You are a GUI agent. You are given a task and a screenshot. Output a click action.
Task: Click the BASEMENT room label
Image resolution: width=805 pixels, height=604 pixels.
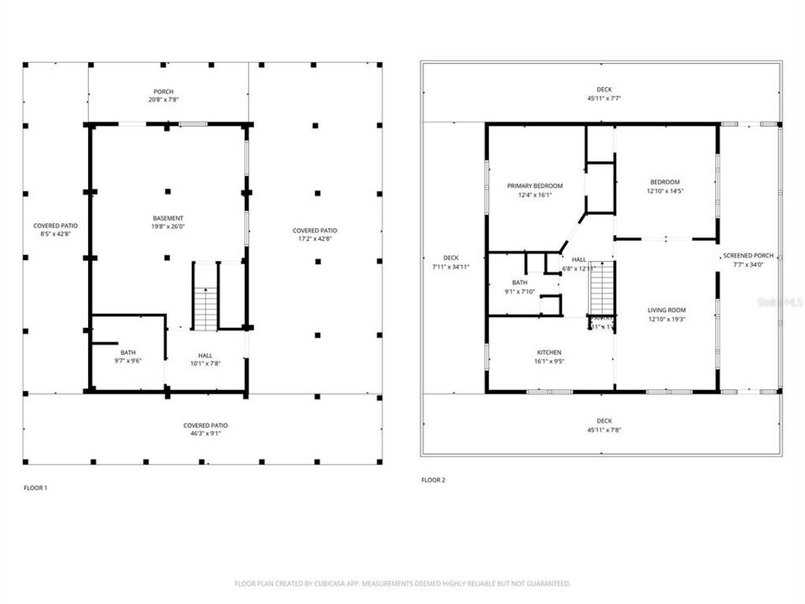[168, 218]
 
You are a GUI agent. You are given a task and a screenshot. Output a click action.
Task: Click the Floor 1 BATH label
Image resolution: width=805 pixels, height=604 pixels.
[127, 352]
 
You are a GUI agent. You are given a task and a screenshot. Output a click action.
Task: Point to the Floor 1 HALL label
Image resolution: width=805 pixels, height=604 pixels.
[205, 355]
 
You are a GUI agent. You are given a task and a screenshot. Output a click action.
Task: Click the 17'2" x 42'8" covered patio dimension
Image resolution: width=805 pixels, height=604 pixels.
[315, 239]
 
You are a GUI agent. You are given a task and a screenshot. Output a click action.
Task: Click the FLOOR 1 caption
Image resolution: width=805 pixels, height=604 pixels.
[35, 487]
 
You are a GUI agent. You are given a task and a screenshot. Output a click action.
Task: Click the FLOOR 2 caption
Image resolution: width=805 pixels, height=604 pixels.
[434, 481]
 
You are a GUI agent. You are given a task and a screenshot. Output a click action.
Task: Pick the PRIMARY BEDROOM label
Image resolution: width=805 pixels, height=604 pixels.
[534, 185]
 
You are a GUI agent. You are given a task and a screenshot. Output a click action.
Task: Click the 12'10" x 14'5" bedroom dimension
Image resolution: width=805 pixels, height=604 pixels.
[665, 190]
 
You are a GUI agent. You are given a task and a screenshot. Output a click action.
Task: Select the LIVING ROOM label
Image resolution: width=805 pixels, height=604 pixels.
[667, 310]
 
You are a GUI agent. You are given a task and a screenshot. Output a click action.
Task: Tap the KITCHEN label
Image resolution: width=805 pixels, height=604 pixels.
[549, 352]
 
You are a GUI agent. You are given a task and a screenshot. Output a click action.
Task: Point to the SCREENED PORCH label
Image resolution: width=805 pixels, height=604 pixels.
[749, 255]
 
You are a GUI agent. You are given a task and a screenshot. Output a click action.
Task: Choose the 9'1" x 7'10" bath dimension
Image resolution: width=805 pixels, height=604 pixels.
[519, 292]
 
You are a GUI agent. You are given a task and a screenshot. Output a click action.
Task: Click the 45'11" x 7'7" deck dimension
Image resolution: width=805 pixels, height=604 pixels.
[604, 98]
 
